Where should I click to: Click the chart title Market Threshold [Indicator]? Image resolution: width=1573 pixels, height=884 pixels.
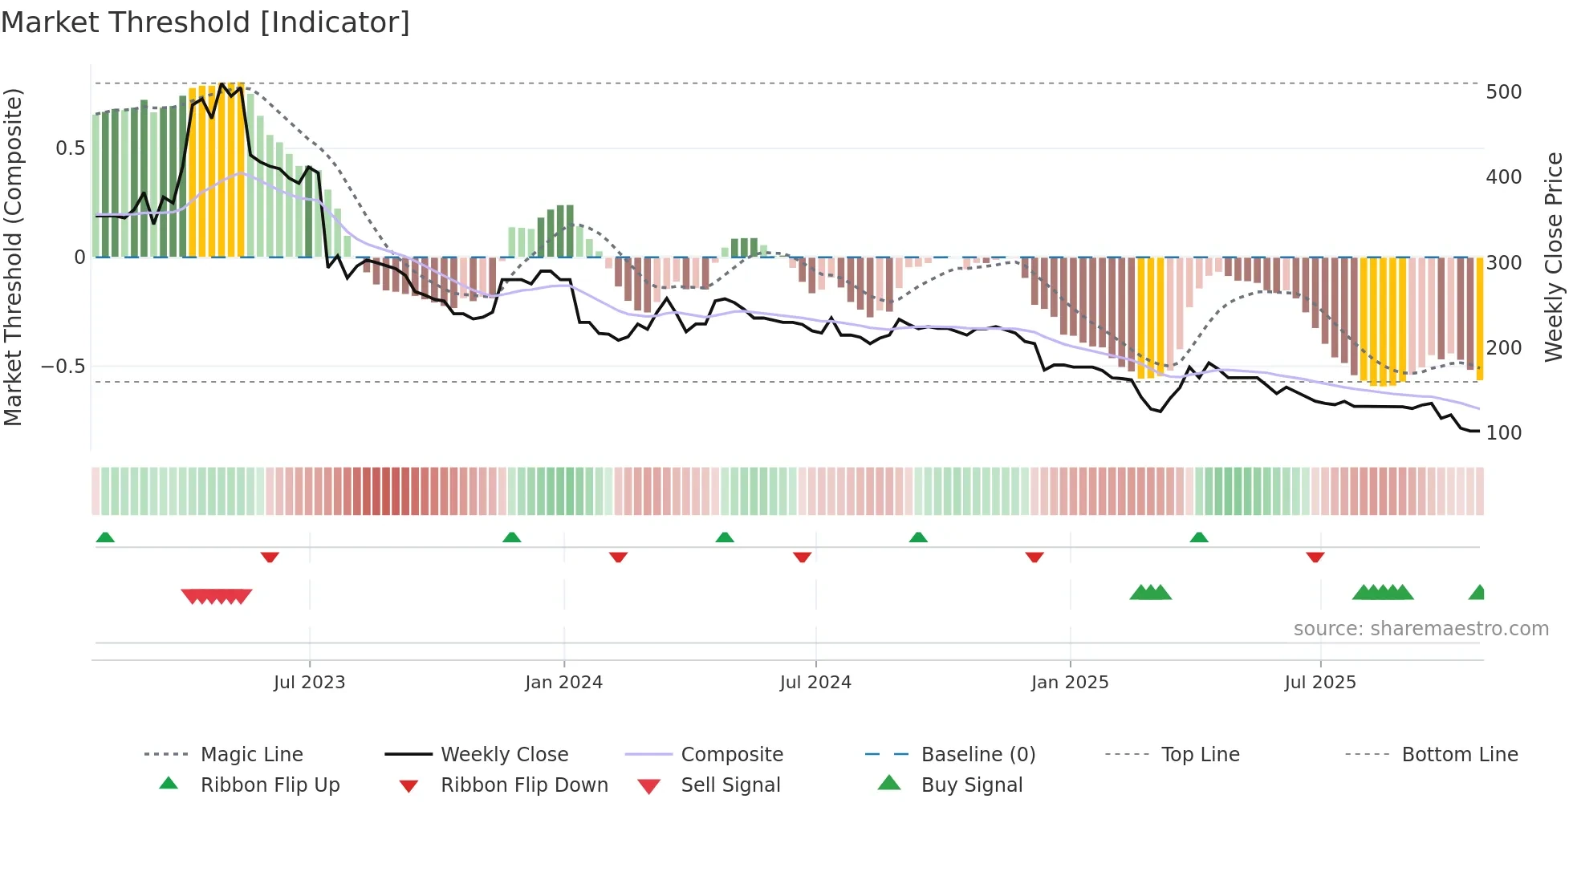point(205,22)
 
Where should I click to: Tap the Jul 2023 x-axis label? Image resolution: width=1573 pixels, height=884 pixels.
point(309,683)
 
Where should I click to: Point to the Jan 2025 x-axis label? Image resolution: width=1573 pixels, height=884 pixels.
point(1070,683)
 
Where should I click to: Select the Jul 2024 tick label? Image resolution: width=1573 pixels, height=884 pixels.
point(815,683)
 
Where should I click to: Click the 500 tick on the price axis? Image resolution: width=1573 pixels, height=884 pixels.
point(1503,92)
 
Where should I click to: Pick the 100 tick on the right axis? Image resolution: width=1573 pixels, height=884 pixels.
point(1503,433)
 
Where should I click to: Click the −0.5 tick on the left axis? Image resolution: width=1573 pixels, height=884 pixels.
point(63,367)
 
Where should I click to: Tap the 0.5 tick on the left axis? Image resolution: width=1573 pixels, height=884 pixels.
point(70,148)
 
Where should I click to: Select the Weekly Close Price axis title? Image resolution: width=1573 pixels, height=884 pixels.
point(1554,257)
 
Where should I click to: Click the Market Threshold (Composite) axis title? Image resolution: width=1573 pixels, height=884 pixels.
point(13,257)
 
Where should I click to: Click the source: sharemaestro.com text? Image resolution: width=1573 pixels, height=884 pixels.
point(1421,629)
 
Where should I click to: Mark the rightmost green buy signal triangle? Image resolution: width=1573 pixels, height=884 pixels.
point(1477,593)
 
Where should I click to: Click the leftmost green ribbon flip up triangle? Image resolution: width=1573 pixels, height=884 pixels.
point(105,537)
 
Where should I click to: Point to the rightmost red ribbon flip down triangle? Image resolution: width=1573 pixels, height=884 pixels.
point(1315,557)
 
